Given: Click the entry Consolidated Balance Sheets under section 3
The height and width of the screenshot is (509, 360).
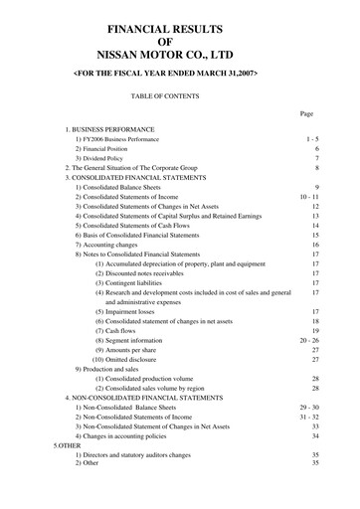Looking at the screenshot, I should point(122,188).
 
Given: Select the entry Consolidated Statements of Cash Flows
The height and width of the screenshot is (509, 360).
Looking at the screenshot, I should point(133,227).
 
